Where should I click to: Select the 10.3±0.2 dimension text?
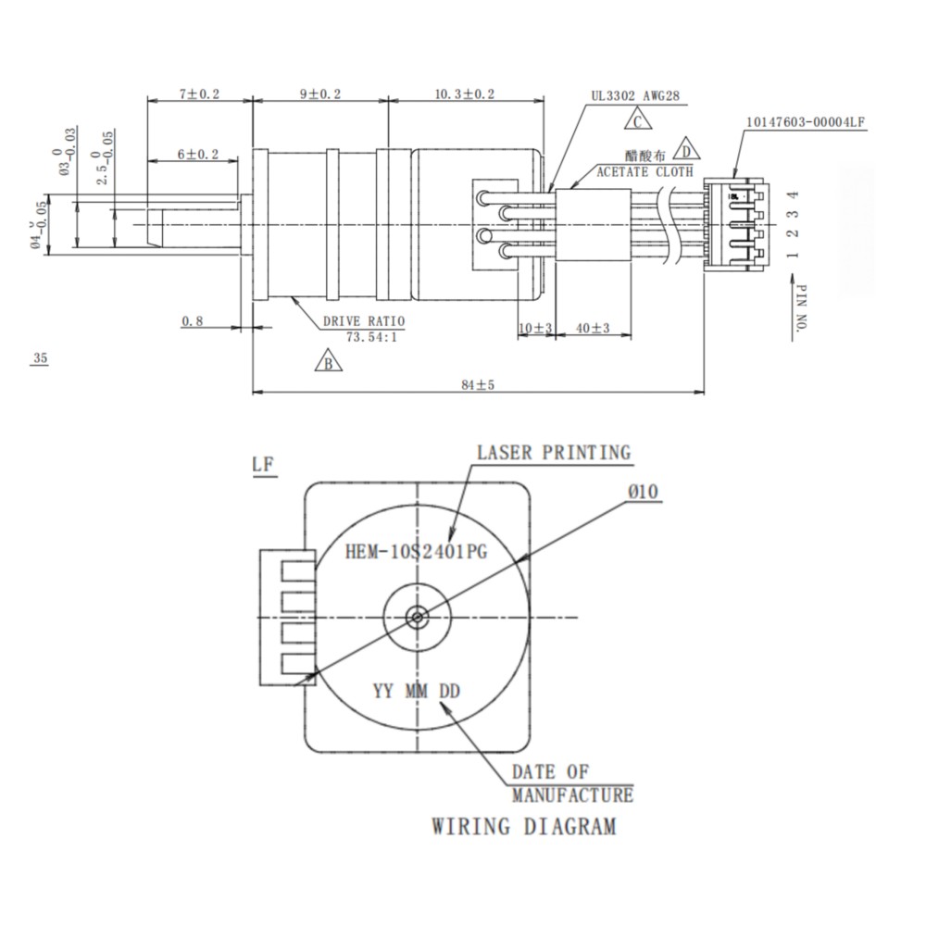(464, 94)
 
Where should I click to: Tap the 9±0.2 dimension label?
(320, 94)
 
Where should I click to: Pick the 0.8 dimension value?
(193, 320)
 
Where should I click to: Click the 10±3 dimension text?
(535, 328)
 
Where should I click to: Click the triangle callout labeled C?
(637, 119)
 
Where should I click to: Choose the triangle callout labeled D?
(686, 148)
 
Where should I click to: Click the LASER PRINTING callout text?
(553, 453)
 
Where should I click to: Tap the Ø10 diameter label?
(642, 492)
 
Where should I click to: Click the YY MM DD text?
(418, 691)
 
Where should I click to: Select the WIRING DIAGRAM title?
(523, 825)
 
